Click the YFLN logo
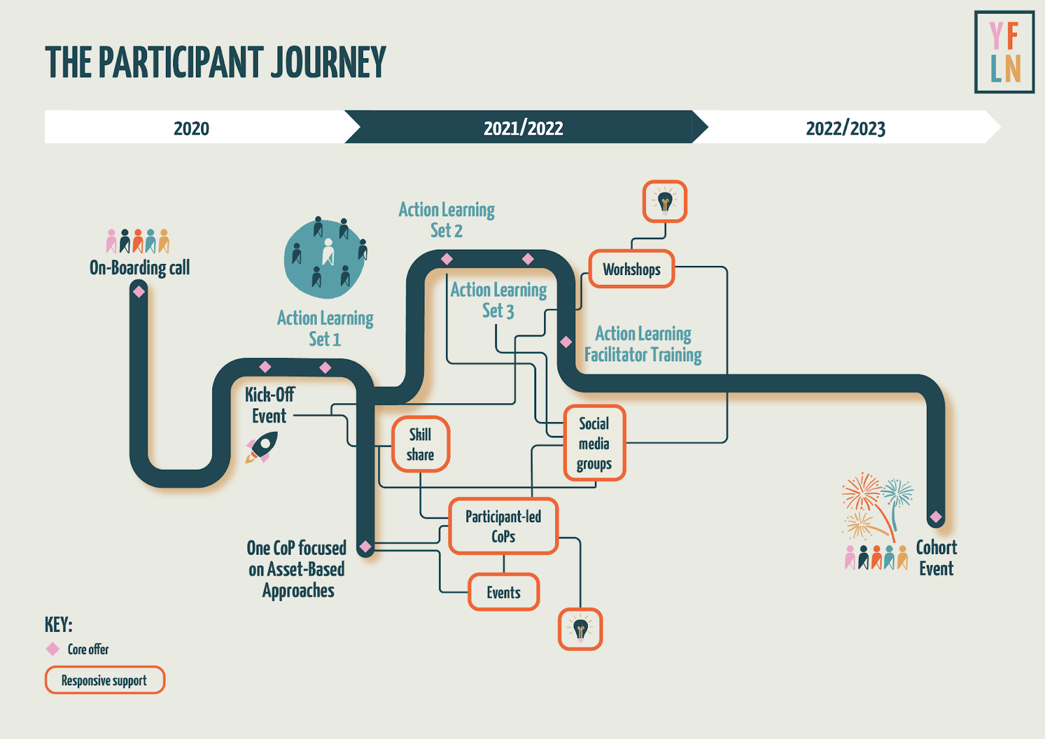1004,52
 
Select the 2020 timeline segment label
191,128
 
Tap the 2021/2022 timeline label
523,128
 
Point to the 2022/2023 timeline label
845,128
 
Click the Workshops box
632,269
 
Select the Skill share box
420,444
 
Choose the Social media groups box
594,444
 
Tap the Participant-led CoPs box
503,526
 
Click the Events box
504,593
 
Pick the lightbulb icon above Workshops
665,201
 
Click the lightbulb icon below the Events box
580,629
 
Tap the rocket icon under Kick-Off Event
262,448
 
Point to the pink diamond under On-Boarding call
139,291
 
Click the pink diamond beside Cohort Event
936,517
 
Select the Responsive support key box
104,680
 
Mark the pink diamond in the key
53,649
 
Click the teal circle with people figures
325,258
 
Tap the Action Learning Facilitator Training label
643,344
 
